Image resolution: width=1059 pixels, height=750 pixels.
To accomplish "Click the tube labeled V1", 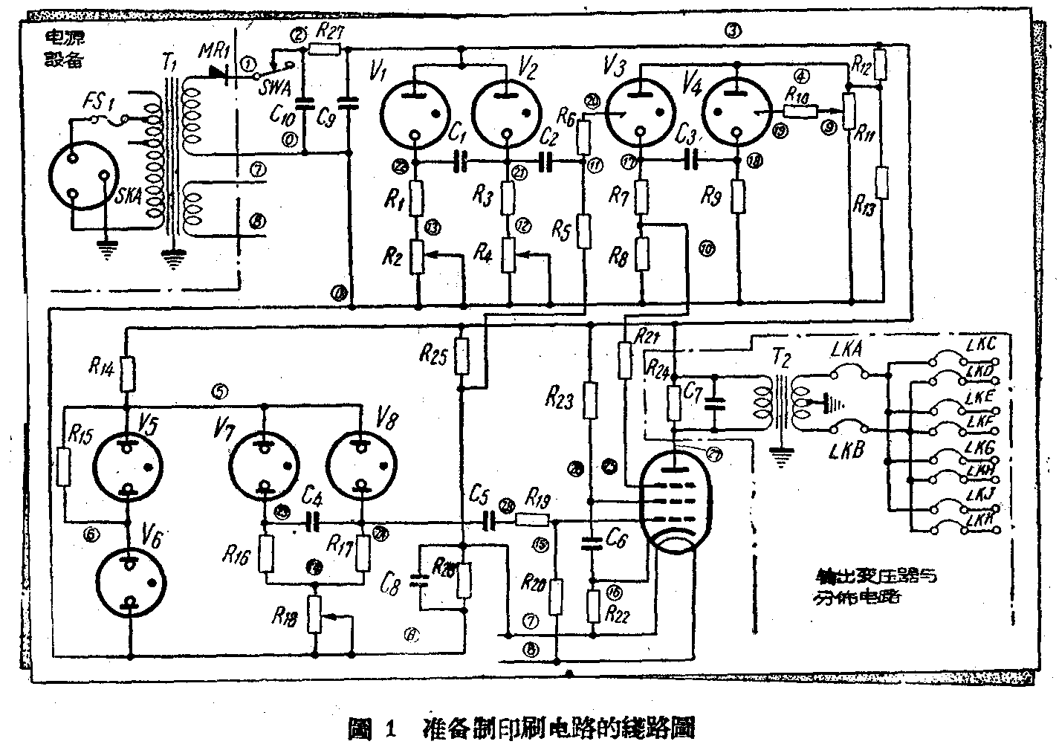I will [414, 113].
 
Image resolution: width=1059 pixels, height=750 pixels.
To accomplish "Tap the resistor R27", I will [325, 50].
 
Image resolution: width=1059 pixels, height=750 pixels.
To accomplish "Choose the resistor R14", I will [129, 373].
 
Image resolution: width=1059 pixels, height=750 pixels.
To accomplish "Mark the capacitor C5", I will [489, 520].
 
